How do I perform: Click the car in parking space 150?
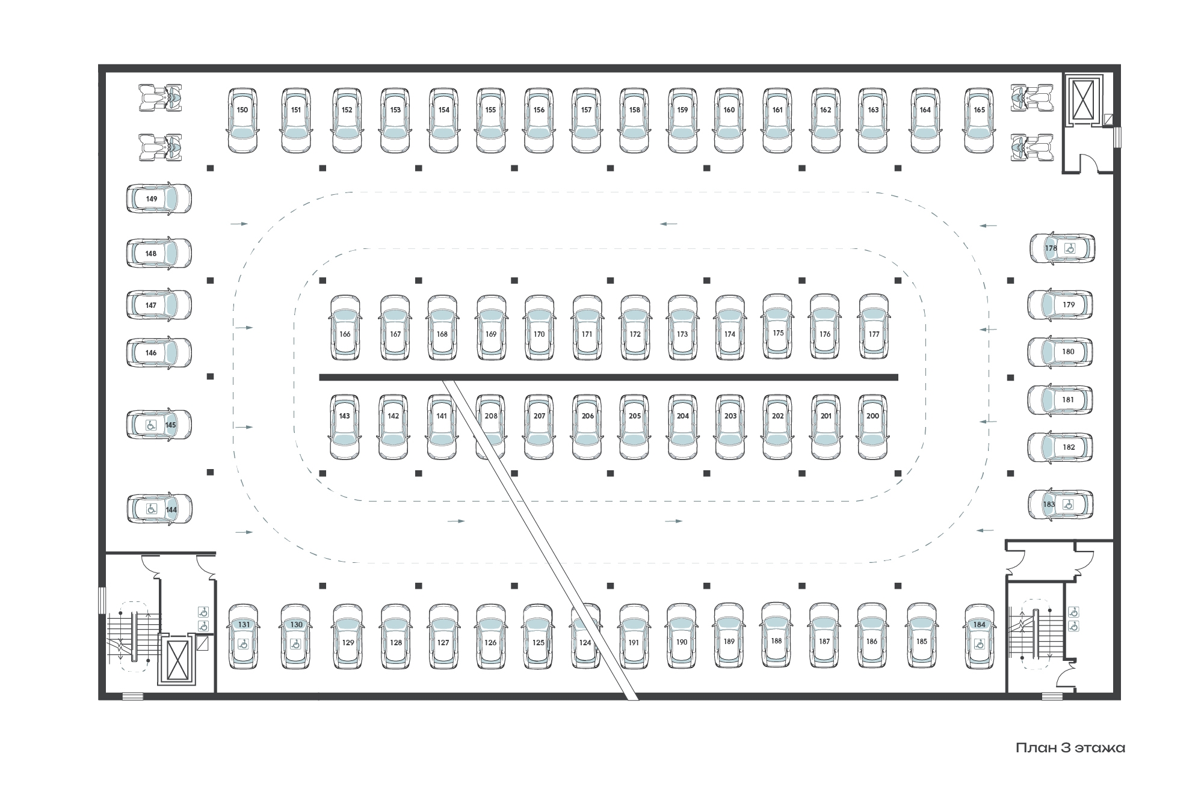tap(242, 120)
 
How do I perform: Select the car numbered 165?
tap(979, 120)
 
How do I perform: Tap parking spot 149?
tap(158, 198)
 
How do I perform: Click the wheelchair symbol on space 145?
tap(151, 425)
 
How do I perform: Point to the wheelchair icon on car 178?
tap(1070, 248)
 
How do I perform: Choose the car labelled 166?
tap(345, 328)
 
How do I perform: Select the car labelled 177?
tap(874, 328)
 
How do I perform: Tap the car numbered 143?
tap(345, 427)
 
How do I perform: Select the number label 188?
tap(777, 640)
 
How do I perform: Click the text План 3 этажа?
tap(1070, 747)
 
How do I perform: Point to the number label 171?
tap(587, 334)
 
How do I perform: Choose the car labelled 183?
tap(1060, 505)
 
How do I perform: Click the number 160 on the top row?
tap(729, 110)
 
